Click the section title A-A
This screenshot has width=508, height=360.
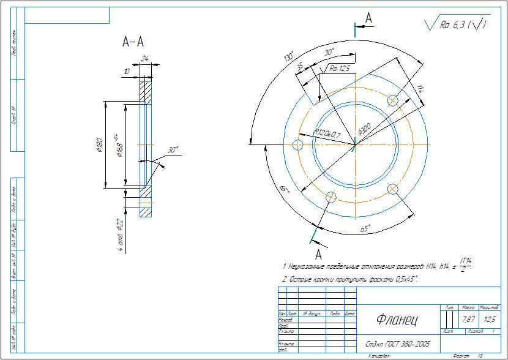[133, 42]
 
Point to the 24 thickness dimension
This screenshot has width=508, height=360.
[145, 59]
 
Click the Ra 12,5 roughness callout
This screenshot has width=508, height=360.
[340, 69]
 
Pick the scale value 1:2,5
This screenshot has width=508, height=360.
[488, 320]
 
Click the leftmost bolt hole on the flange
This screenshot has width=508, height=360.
[298, 145]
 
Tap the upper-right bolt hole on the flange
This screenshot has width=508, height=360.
[392, 100]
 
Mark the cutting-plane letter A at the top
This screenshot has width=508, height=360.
[368, 19]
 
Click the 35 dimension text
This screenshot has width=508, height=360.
[300, 66]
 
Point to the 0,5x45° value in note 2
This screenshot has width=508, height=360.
[400, 279]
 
